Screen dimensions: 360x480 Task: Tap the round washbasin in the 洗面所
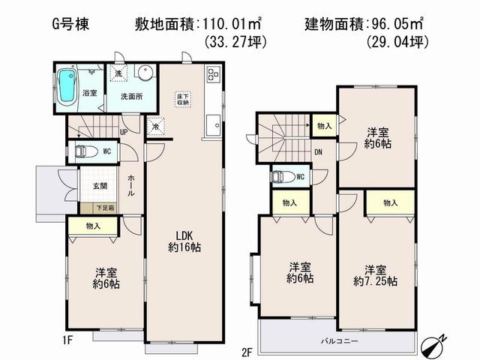(145, 73)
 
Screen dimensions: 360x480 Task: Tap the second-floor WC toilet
(281, 177)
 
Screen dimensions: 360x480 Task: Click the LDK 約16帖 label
(184, 239)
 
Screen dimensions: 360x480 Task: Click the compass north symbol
(433, 343)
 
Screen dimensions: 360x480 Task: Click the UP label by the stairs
(124, 132)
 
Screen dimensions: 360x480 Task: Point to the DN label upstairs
(318, 151)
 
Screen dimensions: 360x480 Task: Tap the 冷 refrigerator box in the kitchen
(155, 127)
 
